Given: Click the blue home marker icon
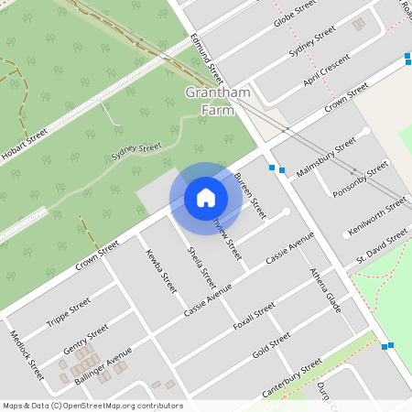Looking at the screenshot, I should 206,198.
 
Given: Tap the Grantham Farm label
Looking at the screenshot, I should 217,102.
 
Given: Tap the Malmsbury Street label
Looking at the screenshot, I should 327,156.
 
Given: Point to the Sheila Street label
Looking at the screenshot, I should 201,266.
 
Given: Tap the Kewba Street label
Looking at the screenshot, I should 160,272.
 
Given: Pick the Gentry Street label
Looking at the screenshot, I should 86,335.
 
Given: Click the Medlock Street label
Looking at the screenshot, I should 26,355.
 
